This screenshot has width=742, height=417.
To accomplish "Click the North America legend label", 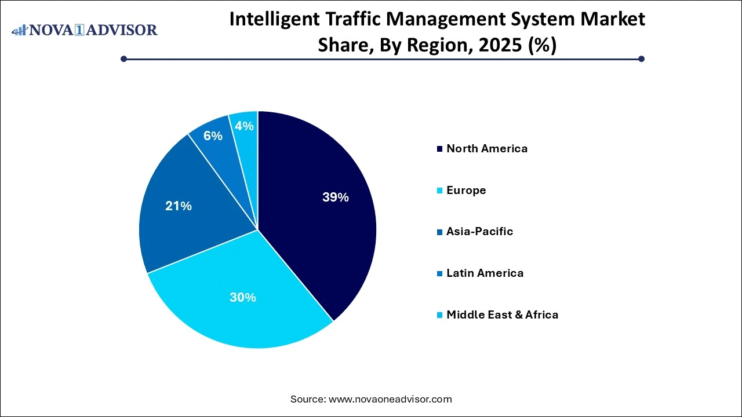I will (487, 148).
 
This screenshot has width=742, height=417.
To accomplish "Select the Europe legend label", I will (466, 190).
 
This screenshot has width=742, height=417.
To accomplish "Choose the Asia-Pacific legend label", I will (479, 232).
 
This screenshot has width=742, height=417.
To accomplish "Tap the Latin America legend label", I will (485, 273).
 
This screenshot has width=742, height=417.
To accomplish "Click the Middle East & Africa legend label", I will (502, 315).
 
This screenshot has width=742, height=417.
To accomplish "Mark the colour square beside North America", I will (440, 149).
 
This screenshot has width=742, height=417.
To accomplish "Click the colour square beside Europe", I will (440, 191).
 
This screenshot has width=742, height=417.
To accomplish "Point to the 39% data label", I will (335, 197).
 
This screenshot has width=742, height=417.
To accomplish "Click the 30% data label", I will (242, 298).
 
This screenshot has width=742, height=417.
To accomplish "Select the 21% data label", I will (179, 206).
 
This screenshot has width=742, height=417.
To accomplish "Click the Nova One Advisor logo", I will (85, 30).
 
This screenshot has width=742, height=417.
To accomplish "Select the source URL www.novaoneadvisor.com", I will (390, 399).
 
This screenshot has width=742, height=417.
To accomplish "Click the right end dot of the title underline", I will (641, 58).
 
